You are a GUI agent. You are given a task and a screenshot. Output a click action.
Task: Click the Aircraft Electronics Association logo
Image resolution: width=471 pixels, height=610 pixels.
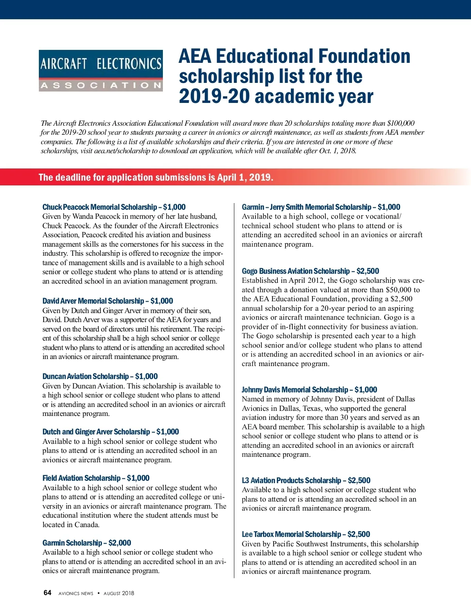point(101,71)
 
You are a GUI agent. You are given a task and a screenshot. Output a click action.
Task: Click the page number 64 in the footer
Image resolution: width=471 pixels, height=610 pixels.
point(47,593)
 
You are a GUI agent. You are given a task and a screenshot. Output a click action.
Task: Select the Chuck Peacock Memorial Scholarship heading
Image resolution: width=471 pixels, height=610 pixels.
point(114,207)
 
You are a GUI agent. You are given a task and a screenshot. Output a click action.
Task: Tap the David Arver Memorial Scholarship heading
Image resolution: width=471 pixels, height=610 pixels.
point(108,301)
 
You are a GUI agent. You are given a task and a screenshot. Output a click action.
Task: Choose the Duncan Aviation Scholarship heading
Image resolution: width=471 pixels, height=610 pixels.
point(100,376)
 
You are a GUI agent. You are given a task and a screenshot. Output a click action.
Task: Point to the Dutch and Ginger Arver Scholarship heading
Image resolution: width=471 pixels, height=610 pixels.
point(111,432)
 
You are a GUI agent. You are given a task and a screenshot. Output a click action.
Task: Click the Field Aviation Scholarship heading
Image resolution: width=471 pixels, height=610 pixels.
point(96,478)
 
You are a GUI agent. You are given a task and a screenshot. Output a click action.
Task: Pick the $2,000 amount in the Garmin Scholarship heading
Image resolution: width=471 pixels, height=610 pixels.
point(120,543)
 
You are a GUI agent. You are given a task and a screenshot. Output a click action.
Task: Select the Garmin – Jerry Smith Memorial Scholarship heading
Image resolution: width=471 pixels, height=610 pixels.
point(321,207)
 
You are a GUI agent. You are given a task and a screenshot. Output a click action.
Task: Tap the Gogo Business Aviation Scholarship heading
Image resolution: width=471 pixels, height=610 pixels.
point(310,271)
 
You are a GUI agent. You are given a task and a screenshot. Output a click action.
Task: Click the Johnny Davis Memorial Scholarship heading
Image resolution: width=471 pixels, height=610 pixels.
point(309,390)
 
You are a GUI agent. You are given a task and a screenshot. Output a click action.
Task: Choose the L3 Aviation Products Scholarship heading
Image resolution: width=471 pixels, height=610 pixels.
point(306,480)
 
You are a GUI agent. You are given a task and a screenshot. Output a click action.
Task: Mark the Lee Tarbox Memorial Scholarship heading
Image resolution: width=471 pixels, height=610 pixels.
point(306,534)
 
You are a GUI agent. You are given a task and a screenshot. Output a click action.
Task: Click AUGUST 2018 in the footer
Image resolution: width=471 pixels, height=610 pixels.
point(119,593)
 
